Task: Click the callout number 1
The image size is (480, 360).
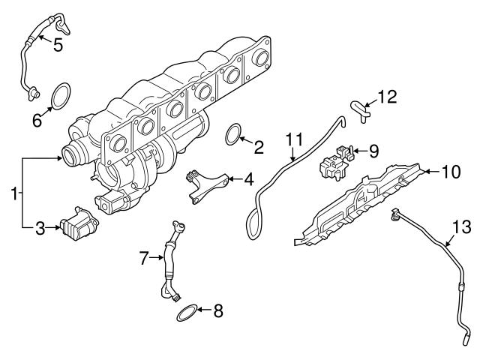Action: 13,194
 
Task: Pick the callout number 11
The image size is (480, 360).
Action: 293,139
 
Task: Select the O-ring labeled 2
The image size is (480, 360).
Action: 235,136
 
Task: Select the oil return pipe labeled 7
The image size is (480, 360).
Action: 171,262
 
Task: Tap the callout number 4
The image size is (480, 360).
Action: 247,179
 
